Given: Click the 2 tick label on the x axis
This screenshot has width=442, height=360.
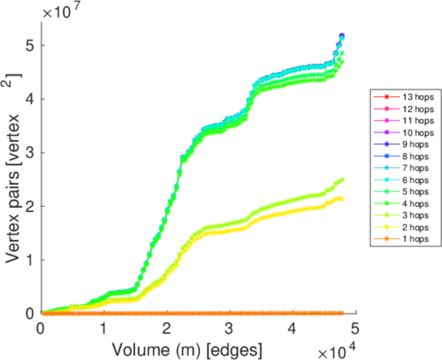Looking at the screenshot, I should (x=166, y=328).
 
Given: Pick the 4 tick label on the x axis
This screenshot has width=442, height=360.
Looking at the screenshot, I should (x=292, y=328).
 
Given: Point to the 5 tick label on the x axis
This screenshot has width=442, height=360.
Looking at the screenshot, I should (x=354, y=328).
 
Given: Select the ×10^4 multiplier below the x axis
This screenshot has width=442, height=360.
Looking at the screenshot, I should (x=336, y=350).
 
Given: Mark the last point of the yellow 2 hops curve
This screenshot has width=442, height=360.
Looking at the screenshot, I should (x=342, y=199).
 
